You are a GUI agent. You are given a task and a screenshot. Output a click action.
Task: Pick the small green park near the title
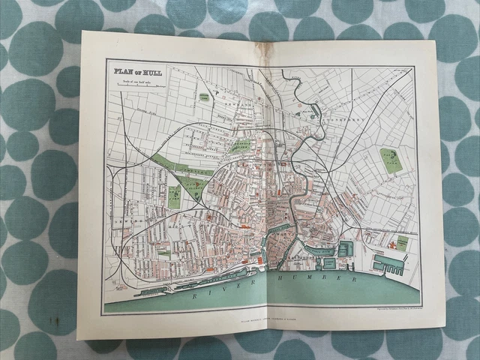point(203,98)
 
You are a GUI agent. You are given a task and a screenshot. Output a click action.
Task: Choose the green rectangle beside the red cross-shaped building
point(402,244)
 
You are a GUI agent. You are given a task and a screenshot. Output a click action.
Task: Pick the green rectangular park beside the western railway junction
point(175,197)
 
